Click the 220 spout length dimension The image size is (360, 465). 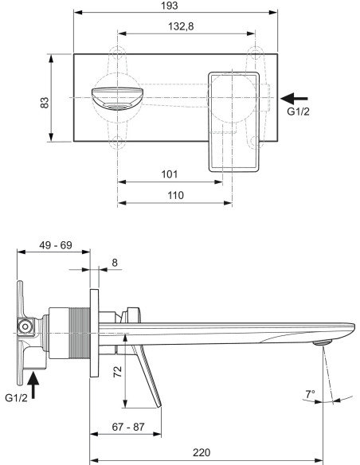point(202,451)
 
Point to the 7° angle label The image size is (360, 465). point(310,393)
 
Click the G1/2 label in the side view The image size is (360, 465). point(17,397)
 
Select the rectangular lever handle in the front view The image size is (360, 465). point(234,119)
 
